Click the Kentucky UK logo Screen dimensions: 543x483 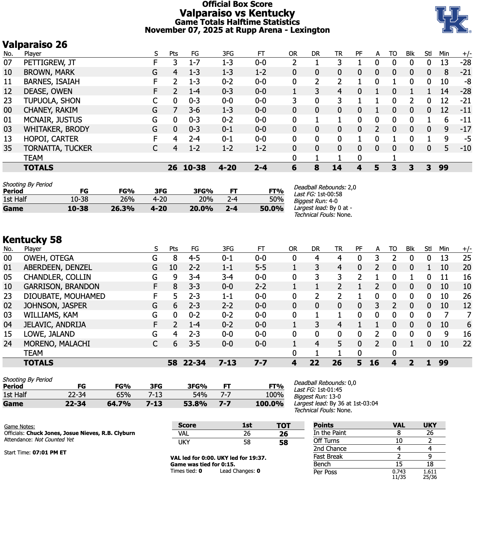[452, 19]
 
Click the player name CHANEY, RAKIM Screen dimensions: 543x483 [50, 110]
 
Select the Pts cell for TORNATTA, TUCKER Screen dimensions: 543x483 [175, 148]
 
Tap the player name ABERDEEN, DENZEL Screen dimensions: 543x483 [58, 268]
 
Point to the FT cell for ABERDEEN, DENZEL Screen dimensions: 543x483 [261, 268]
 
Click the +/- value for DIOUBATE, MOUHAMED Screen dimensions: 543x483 [467, 296]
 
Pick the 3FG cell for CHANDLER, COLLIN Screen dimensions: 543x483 [227, 277]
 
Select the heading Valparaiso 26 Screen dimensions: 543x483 [35, 45]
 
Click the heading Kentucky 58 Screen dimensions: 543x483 [32, 240]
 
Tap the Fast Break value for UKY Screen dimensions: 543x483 [430, 457]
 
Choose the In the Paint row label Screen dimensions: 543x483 [329, 433]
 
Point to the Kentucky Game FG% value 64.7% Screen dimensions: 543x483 [119, 404]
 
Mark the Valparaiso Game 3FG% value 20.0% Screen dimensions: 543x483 [201, 208]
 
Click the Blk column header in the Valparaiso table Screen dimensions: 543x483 [410, 54]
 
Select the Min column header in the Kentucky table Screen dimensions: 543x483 [444, 249]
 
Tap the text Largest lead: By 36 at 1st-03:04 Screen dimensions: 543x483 [336, 403]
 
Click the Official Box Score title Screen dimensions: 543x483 [237, 4]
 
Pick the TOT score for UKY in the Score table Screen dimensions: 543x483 [283, 443]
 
